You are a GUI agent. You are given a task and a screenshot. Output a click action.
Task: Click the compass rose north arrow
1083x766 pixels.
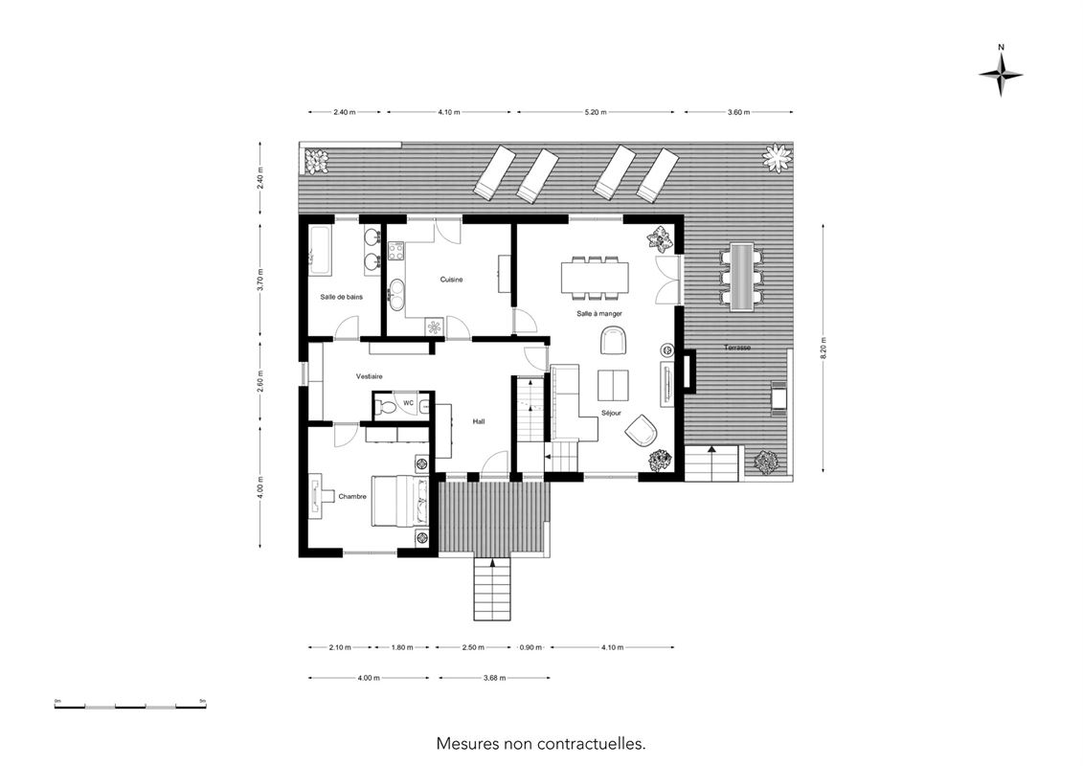(1001, 75)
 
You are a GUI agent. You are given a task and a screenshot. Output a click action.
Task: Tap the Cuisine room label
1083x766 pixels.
(452, 280)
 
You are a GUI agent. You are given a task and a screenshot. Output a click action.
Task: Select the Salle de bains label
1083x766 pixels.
(341, 297)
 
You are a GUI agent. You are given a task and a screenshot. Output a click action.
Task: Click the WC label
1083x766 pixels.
(408, 403)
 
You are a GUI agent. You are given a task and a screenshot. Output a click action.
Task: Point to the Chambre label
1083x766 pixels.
(352, 497)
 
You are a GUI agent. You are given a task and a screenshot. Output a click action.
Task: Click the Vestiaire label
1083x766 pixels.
(369, 376)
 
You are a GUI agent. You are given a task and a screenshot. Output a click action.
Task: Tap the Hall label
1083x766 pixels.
(479, 420)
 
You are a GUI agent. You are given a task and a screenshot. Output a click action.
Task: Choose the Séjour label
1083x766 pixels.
(611, 413)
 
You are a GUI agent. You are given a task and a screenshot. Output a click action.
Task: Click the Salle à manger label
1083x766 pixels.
(599, 314)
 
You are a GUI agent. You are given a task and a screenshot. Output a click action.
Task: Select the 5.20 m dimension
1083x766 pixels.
(596, 112)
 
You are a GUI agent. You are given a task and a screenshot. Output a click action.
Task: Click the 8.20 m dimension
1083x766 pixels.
(823, 348)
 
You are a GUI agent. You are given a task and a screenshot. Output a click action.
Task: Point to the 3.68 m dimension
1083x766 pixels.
(495, 678)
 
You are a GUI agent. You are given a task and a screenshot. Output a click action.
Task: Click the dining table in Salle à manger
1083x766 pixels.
(595, 277)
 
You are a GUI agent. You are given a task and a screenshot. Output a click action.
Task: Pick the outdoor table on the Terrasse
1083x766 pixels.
(742, 277)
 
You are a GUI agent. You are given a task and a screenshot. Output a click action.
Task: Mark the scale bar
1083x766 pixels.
(130, 706)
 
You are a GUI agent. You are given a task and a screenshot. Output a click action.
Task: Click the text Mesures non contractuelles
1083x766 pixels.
(541, 744)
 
